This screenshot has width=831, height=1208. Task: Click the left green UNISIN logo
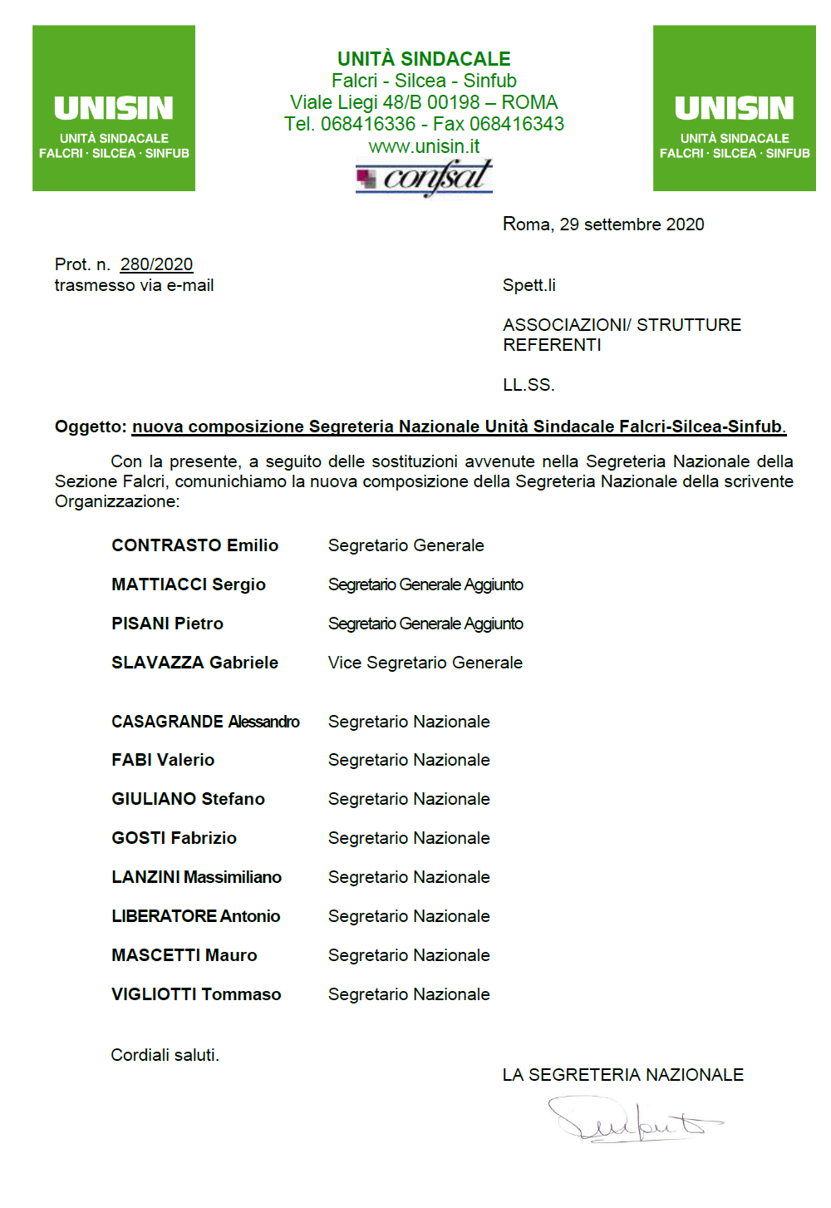click(x=114, y=108)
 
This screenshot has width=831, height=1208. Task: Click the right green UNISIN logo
click(x=734, y=108)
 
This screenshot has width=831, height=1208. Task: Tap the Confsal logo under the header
click(x=424, y=177)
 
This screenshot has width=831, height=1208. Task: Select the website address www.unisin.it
click(x=424, y=146)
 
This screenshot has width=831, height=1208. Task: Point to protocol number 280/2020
click(x=156, y=264)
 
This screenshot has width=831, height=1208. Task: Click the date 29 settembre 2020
click(x=632, y=224)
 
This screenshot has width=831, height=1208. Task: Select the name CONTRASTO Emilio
click(x=195, y=545)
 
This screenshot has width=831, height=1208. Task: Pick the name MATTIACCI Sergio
click(x=189, y=584)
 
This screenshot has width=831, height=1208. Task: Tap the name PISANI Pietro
click(x=168, y=624)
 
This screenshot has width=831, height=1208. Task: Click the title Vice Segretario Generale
click(x=425, y=663)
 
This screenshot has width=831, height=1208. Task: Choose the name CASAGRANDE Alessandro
click(x=205, y=722)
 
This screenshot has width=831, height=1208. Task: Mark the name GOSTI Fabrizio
click(x=175, y=838)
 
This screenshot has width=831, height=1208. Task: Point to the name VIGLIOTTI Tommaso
click(x=196, y=994)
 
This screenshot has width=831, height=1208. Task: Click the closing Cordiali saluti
click(x=165, y=1055)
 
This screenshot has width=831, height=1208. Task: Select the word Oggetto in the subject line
click(x=90, y=426)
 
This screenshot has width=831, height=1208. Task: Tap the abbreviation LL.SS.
click(x=529, y=385)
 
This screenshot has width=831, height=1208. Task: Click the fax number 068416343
click(x=517, y=124)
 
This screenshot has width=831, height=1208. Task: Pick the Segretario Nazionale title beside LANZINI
click(x=409, y=877)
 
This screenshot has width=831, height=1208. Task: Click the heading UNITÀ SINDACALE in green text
click(x=424, y=59)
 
